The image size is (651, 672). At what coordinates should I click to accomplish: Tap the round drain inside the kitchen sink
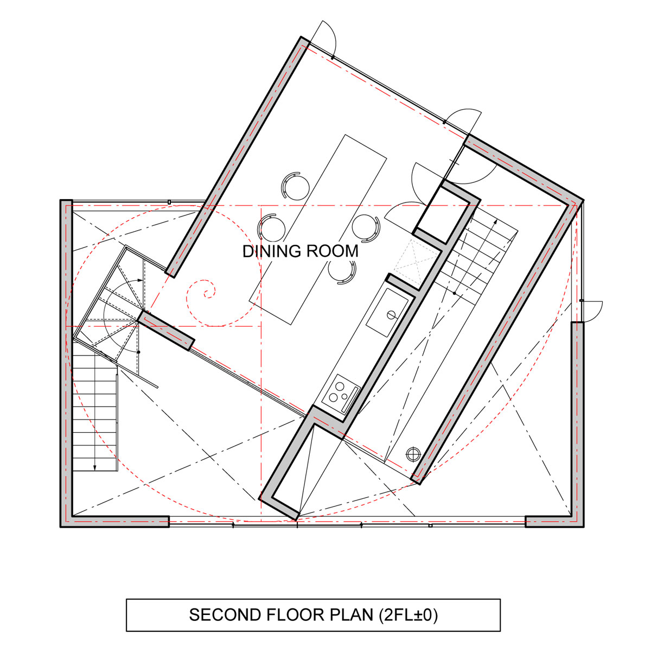point(391,315)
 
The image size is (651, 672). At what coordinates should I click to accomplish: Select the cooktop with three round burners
point(341,394)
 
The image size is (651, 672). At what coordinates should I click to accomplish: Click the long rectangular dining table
point(317,230)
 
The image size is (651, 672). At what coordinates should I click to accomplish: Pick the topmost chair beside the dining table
point(296,185)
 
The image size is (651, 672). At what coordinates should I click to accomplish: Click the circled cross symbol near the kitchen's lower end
point(413,454)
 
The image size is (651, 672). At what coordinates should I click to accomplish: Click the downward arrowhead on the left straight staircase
point(95,467)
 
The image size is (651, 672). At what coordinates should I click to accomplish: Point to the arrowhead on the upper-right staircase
point(496,221)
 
